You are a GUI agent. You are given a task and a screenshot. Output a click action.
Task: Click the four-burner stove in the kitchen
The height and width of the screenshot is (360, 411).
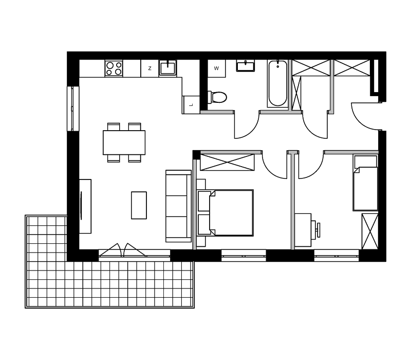click(x=114, y=68)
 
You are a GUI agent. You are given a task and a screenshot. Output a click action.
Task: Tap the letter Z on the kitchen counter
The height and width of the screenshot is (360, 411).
click(x=150, y=68)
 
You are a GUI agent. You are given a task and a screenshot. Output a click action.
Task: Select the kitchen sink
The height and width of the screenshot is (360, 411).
click(x=168, y=68)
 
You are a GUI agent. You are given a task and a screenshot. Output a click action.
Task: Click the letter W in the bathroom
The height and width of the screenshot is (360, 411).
click(x=216, y=68)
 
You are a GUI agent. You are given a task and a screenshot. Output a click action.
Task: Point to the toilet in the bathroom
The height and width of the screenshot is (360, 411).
click(x=217, y=97)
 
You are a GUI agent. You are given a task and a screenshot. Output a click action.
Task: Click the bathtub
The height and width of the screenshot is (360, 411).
click(x=277, y=83)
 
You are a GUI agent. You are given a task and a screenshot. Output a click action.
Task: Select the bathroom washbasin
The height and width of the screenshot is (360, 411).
click(x=246, y=66)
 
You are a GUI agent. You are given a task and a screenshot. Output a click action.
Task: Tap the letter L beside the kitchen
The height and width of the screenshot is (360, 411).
click(x=191, y=105)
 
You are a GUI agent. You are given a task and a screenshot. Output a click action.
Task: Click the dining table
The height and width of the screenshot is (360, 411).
click(x=124, y=142)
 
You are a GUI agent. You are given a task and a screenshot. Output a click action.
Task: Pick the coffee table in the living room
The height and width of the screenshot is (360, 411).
click(x=139, y=205)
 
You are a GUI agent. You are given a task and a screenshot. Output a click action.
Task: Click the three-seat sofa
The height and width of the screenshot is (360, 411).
click(x=178, y=206)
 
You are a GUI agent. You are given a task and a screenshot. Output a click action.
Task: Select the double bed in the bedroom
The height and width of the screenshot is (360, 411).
click(x=226, y=213)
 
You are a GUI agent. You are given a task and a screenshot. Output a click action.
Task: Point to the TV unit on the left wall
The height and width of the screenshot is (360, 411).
click(x=85, y=206)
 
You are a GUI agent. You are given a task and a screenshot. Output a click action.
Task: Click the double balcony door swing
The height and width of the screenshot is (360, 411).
click(x=122, y=250)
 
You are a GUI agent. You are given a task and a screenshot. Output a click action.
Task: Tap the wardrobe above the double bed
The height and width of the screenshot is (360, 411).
click(x=227, y=163)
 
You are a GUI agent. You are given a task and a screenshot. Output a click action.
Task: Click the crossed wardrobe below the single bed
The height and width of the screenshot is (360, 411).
click(x=370, y=231)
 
